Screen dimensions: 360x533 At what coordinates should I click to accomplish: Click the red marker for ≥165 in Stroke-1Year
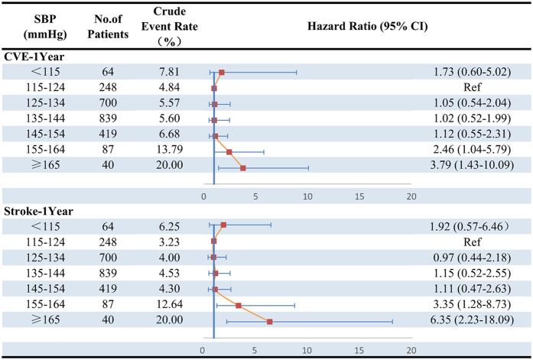(269, 322)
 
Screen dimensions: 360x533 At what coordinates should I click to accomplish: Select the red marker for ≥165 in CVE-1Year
(243, 167)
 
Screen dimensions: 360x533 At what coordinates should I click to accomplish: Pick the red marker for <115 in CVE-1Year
(222, 73)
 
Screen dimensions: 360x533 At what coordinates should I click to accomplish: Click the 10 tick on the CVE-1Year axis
(307, 196)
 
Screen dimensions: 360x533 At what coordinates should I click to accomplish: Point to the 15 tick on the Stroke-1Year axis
(359, 350)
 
